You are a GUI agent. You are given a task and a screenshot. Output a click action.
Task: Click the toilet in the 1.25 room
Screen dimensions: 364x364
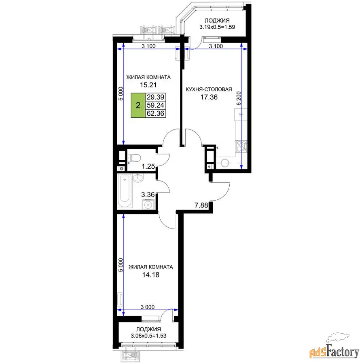(x=135, y=158)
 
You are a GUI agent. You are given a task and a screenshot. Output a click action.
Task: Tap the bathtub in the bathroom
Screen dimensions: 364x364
(x=125, y=191)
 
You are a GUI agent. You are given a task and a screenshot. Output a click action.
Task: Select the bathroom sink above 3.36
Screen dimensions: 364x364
(x=138, y=178)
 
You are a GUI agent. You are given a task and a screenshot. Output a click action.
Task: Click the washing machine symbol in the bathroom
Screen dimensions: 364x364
(x=148, y=205)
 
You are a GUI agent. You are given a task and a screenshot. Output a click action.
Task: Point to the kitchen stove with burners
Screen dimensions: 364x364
(x=241, y=146)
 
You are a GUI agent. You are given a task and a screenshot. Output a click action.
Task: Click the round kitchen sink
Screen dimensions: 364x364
(x=225, y=163)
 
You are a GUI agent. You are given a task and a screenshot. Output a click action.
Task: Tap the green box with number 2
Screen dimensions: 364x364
(x=138, y=105)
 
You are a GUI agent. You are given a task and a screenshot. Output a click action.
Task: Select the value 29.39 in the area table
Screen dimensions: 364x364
(x=156, y=97)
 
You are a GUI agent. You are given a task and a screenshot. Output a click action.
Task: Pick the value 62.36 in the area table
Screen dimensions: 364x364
(x=156, y=114)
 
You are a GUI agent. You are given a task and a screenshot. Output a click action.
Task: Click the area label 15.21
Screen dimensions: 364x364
(x=148, y=85)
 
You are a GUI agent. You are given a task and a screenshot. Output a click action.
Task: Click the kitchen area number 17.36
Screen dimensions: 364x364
(x=209, y=97)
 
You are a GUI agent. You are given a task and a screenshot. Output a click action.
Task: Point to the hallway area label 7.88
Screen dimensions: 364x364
(x=201, y=205)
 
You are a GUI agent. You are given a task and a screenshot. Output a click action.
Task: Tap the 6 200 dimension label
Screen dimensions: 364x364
(x=239, y=99)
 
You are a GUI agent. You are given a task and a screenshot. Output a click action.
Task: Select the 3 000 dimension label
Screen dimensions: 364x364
(x=148, y=307)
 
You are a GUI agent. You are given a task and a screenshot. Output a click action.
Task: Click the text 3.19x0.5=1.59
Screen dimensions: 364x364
(x=217, y=27)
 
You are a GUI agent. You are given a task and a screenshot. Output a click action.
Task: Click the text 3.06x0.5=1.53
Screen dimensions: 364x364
(x=148, y=336)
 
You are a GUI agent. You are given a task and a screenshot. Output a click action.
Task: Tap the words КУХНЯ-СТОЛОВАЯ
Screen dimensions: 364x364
(x=209, y=89)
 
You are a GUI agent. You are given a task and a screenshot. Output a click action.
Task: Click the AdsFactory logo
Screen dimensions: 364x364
(x=334, y=346)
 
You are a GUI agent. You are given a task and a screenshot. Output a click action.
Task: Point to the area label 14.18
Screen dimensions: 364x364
(x=151, y=275)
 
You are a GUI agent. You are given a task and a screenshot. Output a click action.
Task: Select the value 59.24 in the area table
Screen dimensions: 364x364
(x=156, y=105)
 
